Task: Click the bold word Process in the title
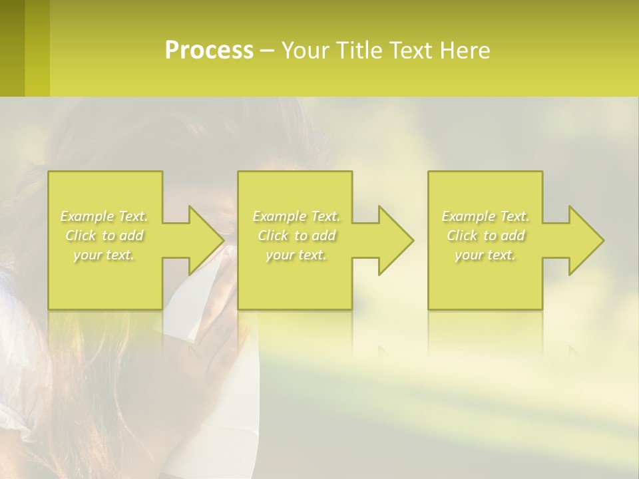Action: tap(209, 51)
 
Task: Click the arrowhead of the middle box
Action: tap(395, 240)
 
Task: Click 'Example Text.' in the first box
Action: tap(105, 216)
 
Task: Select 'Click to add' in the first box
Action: tap(105, 236)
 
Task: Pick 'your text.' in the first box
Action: tap(105, 255)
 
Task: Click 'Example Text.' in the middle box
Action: tap(296, 216)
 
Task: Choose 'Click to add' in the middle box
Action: tap(296, 236)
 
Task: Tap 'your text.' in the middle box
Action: tap(296, 255)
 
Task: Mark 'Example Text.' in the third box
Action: tap(485, 216)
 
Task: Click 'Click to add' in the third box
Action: tap(485, 236)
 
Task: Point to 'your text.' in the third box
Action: tap(485, 255)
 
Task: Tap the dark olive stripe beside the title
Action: tap(12, 48)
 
